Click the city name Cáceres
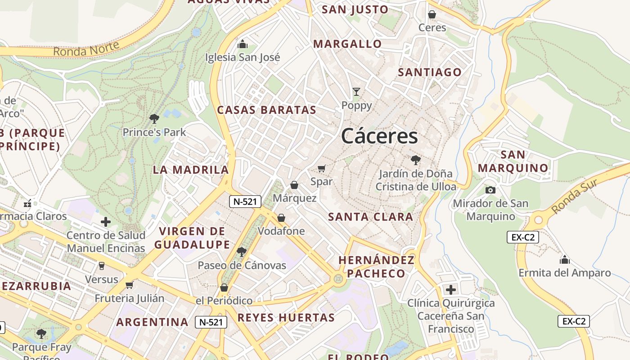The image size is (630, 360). point(379,136)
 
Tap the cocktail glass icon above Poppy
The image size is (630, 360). point(356,92)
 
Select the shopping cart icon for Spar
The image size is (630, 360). point(321,168)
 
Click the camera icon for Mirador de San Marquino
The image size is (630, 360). point(490,190)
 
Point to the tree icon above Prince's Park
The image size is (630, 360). point(154,119)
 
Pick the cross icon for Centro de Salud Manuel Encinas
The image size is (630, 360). point(106,222)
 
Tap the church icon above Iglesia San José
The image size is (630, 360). point(243,44)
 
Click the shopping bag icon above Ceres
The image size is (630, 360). point(432,14)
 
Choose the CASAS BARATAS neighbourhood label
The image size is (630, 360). point(267,110)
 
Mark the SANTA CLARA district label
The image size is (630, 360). point(370,217)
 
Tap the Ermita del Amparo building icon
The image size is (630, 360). point(564,260)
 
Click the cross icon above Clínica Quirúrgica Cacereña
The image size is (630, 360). point(450,289)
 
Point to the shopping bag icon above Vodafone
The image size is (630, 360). point(281,218)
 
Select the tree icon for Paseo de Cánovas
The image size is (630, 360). point(242,252)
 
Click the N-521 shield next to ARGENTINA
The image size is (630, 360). point(211,322)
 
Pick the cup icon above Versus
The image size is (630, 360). point(102,266)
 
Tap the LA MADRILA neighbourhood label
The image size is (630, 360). point(191,170)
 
